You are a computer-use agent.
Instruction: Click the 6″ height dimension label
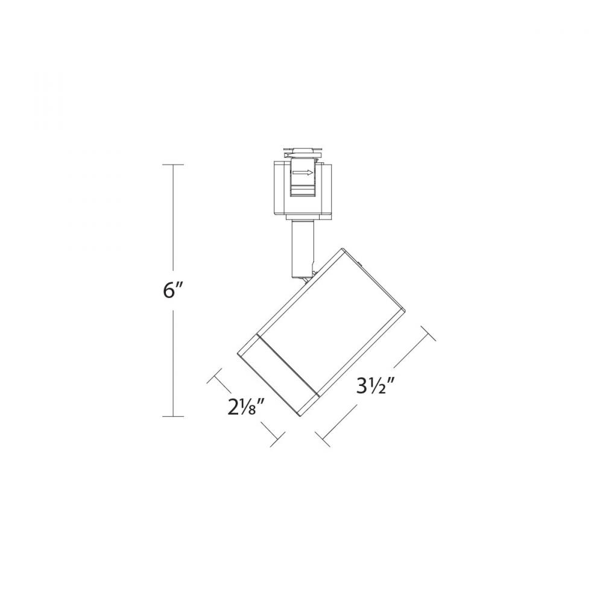(x=172, y=291)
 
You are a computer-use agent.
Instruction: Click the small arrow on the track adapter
(x=303, y=173)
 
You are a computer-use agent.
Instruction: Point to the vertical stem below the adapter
(x=302, y=247)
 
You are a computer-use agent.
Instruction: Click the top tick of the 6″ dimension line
(x=174, y=165)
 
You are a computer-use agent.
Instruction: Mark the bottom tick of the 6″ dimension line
(x=174, y=416)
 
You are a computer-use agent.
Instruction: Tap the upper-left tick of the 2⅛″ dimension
(x=214, y=379)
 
